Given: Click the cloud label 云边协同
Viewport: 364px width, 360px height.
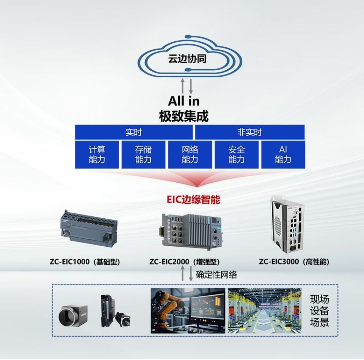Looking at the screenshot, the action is pyautogui.click(x=187, y=59).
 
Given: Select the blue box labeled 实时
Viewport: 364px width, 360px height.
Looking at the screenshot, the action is pyautogui.click(x=133, y=132).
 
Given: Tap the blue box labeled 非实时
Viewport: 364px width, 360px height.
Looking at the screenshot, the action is pyautogui.click(x=250, y=132).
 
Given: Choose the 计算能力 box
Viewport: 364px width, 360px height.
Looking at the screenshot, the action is pyautogui.click(x=97, y=155).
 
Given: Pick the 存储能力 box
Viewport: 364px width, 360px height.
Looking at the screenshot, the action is pyautogui.click(x=143, y=155).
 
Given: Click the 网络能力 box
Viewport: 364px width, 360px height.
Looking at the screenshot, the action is pyautogui.click(x=190, y=155).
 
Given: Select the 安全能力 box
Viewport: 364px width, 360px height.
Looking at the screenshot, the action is pyautogui.click(x=237, y=155).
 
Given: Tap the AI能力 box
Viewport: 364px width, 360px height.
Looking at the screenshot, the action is pyautogui.click(x=283, y=155).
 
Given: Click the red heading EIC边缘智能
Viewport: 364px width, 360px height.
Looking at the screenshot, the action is pyautogui.click(x=193, y=200).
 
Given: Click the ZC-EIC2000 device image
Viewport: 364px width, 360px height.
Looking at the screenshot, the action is pyautogui.click(x=192, y=232).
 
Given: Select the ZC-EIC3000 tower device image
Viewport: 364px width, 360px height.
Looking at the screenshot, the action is pyautogui.click(x=287, y=224).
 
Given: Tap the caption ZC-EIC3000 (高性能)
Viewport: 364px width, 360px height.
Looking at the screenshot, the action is pyautogui.click(x=294, y=262).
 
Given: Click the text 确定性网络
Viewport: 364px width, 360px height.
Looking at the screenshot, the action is pyautogui.click(x=217, y=275).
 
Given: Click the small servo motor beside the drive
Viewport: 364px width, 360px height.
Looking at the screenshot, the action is pyautogui.click(x=123, y=319).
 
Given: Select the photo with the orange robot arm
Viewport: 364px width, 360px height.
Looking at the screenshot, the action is pyautogui.click(x=188, y=311).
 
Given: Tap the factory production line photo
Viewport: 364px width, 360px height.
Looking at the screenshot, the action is pyautogui.click(x=265, y=311).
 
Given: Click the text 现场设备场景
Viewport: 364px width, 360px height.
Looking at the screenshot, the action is pyautogui.click(x=319, y=311).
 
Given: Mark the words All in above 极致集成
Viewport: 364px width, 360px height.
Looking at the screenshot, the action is pyautogui.click(x=184, y=101).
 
